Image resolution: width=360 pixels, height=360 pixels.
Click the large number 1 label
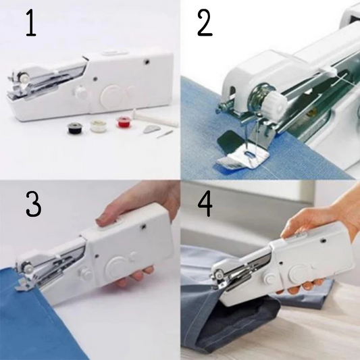click(x=31, y=24)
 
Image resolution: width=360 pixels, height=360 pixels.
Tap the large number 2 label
click(x=205, y=24)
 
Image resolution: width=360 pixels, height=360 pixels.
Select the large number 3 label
click(x=33, y=204)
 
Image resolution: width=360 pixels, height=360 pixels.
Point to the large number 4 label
click(x=205, y=204)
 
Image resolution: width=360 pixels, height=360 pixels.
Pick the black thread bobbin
click(x=74, y=128)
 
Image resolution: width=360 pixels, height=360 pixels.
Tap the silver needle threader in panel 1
click(x=150, y=128)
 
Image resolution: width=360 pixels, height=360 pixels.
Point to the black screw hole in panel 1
click(x=147, y=61)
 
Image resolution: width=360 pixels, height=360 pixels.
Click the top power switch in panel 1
click(x=113, y=53)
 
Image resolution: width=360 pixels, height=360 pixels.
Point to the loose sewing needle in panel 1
click(x=164, y=134)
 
